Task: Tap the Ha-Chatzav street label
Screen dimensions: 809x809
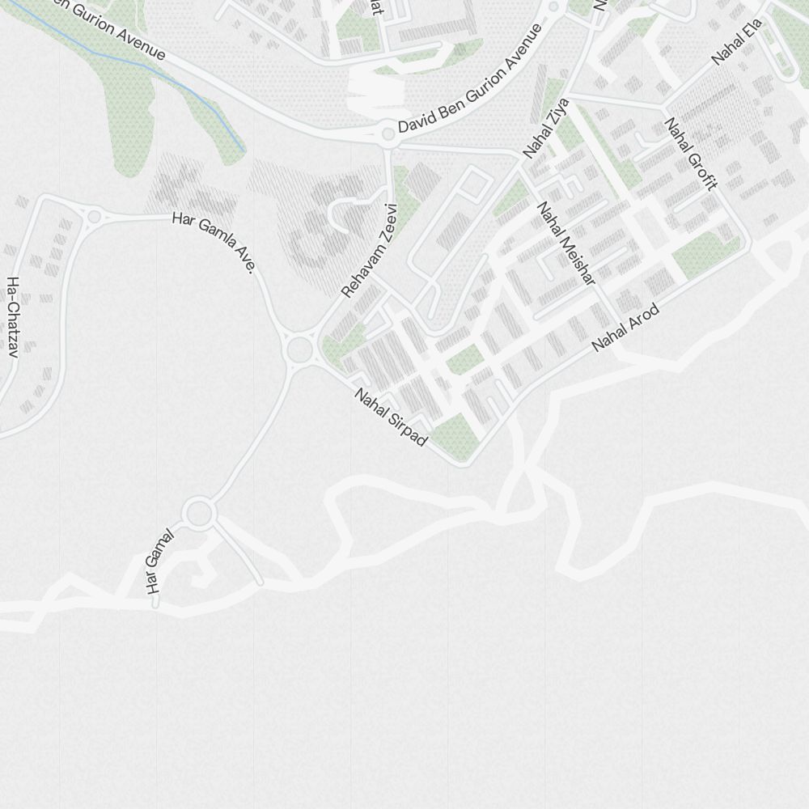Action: point(13,317)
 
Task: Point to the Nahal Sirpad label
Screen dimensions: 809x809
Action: point(391,417)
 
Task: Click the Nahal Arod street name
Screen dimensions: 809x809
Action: point(625,328)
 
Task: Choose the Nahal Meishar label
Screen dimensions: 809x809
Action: point(566,243)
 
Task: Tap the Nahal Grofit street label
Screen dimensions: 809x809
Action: point(690,154)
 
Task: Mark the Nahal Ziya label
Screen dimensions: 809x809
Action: point(546,128)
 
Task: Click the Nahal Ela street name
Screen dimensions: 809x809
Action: point(737,42)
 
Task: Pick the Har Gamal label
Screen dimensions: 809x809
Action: point(159,561)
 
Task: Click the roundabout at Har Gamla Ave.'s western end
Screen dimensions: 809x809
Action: point(95,216)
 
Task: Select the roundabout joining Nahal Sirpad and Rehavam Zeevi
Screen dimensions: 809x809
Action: point(299,350)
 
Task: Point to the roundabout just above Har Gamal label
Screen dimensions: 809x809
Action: point(198,513)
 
